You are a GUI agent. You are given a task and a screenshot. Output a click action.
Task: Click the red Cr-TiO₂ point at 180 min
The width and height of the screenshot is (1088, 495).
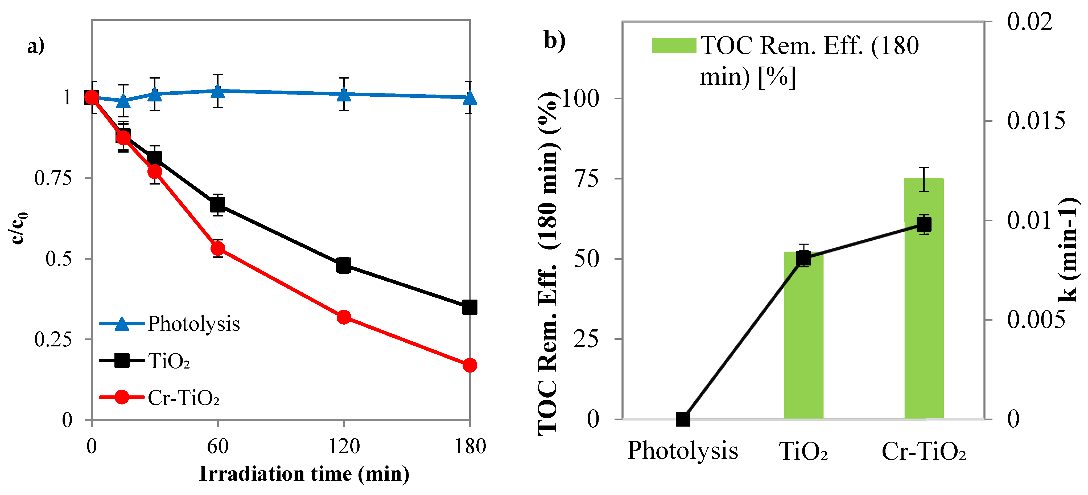point(470,365)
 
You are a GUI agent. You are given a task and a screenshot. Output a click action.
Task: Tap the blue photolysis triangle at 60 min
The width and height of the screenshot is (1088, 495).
point(217,91)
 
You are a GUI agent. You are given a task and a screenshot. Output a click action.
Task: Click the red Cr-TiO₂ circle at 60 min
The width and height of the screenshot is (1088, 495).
point(217,248)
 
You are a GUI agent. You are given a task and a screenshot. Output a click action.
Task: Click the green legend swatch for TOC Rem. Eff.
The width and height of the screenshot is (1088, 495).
point(674,46)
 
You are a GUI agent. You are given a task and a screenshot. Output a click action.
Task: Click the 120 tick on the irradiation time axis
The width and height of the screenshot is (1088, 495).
point(344,446)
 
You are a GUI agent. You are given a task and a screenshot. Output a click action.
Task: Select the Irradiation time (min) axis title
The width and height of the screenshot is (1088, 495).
point(304,474)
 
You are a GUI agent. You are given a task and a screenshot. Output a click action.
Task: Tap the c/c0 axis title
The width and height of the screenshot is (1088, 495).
point(18,228)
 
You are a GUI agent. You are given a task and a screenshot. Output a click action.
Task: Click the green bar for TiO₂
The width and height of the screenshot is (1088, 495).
point(803,338)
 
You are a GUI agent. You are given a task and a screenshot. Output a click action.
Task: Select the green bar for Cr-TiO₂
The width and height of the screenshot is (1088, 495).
point(924,321)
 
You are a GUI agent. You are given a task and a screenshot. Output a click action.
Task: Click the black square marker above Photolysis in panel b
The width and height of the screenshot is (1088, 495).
point(683,419)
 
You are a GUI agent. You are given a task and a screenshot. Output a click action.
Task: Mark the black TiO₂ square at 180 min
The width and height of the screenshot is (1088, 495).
point(470,307)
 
